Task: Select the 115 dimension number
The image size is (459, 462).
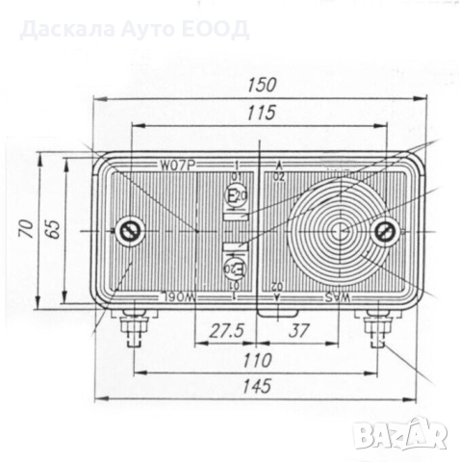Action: click(x=261, y=113)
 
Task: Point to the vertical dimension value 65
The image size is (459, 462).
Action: click(x=53, y=230)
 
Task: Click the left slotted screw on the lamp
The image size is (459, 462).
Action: click(x=131, y=231)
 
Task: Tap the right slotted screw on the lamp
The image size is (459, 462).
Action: click(x=387, y=231)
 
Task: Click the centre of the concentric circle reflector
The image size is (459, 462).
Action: click(x=340, y=231)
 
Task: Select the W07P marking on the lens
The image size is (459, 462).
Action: click(x=179, y=165)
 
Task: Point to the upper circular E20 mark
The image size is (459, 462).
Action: click(x=235, y=196)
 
